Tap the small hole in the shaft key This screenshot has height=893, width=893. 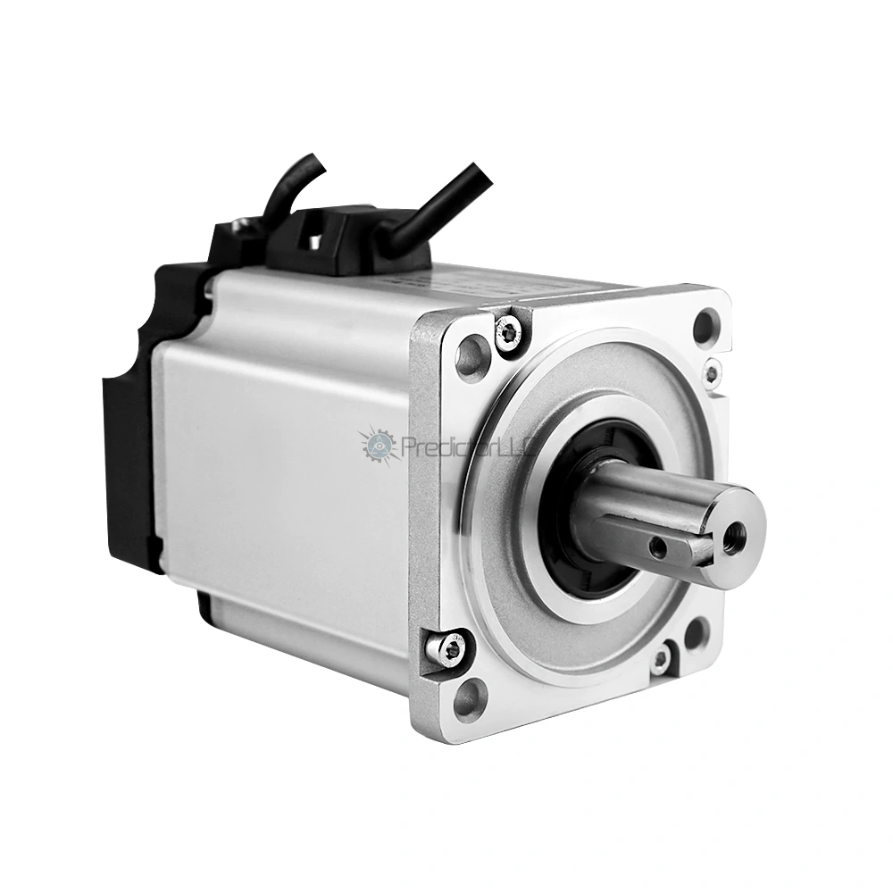658,543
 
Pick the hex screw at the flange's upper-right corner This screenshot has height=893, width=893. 711,372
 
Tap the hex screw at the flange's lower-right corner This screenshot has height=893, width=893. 660,660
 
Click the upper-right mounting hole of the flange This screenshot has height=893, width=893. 705,325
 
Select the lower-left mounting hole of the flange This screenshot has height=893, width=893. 470,697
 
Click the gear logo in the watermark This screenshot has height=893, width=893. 380,444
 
